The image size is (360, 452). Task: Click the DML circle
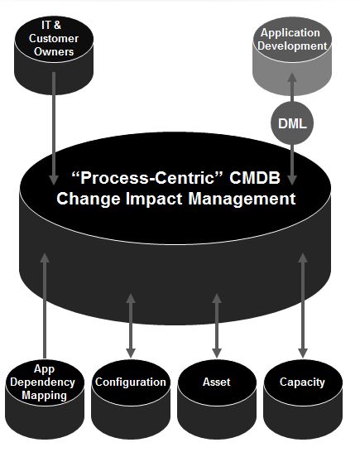[x=292, y=123]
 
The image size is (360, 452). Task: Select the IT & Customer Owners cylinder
[x=54, y=55]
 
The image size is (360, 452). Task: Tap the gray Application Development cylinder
[x=292, y=56]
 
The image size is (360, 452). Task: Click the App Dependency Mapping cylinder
[x=45, y=400]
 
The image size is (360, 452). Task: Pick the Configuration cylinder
[x=131, y=400]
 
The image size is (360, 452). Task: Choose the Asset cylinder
[x=217, y=400]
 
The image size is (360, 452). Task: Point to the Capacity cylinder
[x=303, y=400]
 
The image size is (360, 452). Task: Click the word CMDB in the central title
[x=255, y=177]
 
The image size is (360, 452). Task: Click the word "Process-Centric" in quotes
[x=147, y=177]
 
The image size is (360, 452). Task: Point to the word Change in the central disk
[x=89, y=200]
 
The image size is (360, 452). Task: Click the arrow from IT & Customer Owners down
[x=54, y=128]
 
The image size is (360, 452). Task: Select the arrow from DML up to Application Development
[x=292, y=88]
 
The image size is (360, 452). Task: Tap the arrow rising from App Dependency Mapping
[x=45, y=305]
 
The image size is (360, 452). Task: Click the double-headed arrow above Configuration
[x=131, y=325]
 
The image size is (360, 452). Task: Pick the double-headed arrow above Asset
[x=217, y=325]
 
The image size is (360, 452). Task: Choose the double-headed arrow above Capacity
[x=303, y=305]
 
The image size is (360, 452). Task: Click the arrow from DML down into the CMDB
[x=292, y=165]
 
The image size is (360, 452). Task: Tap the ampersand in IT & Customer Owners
[x=57, y=26]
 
